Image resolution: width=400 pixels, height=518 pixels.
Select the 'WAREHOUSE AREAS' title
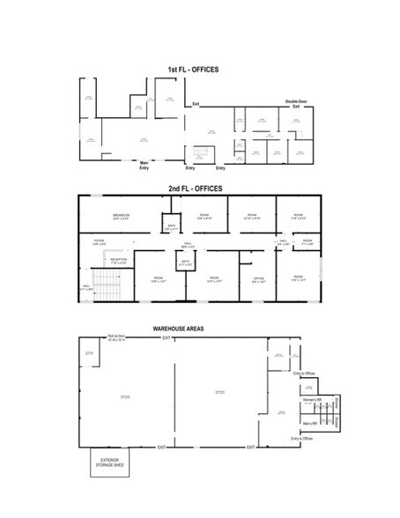pos(179,328)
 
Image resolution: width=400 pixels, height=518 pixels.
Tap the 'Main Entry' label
pos(144,165)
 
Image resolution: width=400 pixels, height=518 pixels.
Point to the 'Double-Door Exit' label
pos(296,104)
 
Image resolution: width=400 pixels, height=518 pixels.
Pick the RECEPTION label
pos(119,260)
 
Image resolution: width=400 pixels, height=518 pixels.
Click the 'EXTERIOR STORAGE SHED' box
pos(110,463)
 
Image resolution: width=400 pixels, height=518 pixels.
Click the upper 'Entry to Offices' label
pos(304,373)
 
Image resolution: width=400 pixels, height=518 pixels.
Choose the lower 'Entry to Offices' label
pos(301,438)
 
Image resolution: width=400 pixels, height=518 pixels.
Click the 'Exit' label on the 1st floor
pos(196,104)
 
